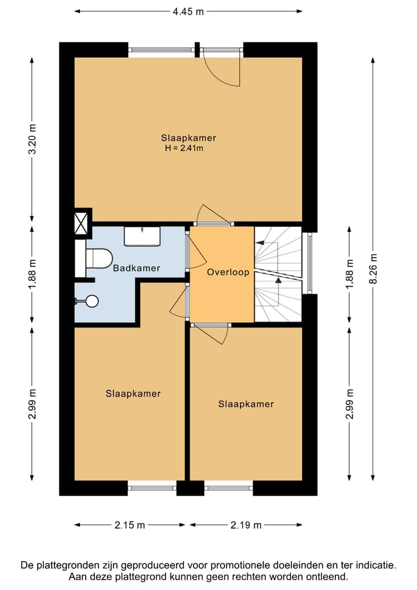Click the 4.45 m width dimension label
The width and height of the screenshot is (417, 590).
[188, 12]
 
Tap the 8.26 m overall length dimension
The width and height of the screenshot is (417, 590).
[373, 269]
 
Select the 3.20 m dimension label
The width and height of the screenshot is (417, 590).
[32, 139]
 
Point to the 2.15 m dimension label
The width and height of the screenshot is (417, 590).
[130, 525]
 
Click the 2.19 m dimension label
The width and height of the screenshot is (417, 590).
[246, 525]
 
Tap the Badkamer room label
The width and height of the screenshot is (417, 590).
[137, 268]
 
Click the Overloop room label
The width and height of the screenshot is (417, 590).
[228, 272]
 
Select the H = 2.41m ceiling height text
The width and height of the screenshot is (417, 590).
[184, 149]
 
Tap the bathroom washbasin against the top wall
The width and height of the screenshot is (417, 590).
[142, 236]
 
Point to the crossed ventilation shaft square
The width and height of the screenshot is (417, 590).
[81, 223]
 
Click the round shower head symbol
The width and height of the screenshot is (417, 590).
[92, 301]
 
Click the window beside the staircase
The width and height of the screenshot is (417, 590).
[310, 263]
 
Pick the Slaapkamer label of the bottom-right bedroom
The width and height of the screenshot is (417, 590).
[246, 404]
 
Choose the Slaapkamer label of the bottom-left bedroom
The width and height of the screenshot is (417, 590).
[133, 393]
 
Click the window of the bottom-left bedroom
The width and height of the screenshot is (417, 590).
[152, 488]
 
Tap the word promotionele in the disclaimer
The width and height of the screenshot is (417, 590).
[239, 564]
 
